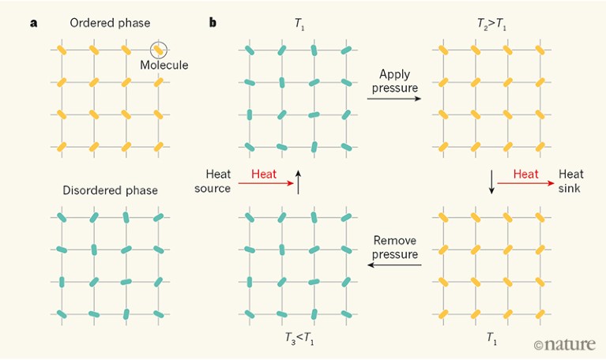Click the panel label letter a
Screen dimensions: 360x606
pyautogui.click(x=33, y=22)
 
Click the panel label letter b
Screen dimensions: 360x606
pyautogui.click(x=213, y=22)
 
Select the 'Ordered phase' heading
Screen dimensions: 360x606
pyautogui.click(x=110, y=22)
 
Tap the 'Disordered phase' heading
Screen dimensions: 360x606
pyautogui.click(x=110, y=190)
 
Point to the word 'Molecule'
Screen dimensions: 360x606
pyautogui.click(x=164, y=65)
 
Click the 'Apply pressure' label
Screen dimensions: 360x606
pyautogui.click(x=393, y=81)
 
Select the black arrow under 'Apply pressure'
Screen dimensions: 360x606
pyautogui.click(x=393, y=99)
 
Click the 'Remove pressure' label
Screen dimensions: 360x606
pyautogui.click(x=393, y=247)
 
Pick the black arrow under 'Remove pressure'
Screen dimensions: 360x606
pyautogui.click(x=393, y=266)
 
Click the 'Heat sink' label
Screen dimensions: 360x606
pyautogui.click(x=570, y=181)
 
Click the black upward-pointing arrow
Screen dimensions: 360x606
pyautogui.click(x=298, y=180)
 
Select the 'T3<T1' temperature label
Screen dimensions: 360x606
pyautogui.click(x=298, y=338)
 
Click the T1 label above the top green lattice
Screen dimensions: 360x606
pyautogui.click(x=298, y=23)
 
